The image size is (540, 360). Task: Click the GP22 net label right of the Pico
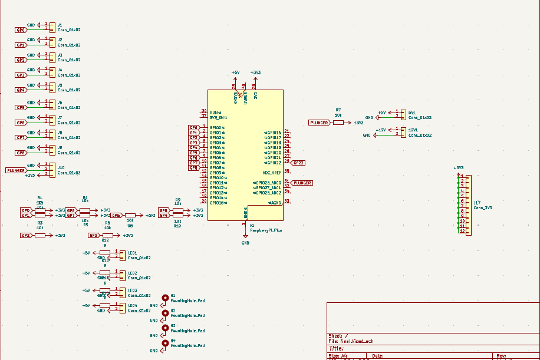298,163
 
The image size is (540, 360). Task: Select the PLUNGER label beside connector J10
16,170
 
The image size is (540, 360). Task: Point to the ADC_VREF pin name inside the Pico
272,173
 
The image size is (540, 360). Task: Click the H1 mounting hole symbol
166,298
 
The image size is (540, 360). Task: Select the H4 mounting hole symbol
166,343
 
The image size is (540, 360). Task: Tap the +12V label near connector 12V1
381,130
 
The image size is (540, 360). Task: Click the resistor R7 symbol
338,123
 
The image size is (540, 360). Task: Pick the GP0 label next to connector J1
21,29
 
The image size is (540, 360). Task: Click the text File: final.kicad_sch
351,341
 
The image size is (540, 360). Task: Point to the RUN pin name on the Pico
214,111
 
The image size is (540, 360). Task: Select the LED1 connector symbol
123,255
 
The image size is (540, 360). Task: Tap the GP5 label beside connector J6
21,108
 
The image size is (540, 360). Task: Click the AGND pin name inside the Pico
275,202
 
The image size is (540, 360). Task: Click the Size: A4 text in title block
334,356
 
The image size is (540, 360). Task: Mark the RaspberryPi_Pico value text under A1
266,230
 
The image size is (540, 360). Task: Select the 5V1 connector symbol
403,115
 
